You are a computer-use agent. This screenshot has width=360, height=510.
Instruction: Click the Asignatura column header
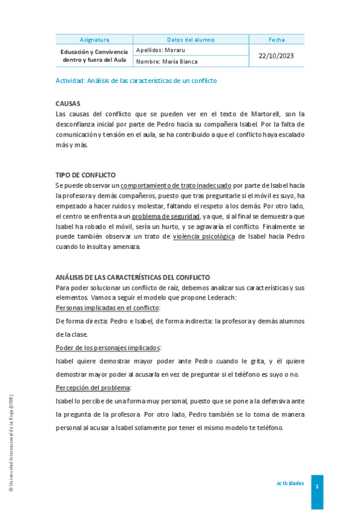(94, 40)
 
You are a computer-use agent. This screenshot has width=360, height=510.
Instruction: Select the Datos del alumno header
(191, 40)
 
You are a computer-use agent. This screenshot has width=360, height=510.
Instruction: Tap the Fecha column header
(276, 40)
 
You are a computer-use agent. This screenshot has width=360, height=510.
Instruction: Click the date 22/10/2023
(276, 55)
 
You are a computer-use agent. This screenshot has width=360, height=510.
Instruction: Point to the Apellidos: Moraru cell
(160, 50)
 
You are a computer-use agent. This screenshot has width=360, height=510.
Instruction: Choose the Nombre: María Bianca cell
(166, 61)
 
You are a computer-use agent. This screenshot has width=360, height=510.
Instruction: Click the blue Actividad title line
(136, 81)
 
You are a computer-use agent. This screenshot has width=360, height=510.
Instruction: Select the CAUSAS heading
(68, 103)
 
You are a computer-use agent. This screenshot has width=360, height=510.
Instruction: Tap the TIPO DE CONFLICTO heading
(85, 175)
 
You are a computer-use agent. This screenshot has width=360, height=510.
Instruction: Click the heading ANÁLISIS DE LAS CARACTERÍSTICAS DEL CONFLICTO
(132, 277)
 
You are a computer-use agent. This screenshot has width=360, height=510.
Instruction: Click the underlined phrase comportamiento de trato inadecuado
(175, 186)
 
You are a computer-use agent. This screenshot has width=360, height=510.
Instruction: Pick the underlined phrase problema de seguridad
(165, 216)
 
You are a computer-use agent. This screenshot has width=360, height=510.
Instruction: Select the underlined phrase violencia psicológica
(204, 236)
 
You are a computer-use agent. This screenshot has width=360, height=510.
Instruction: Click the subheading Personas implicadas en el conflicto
(107, 308)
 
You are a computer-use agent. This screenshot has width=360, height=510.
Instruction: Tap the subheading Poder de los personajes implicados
(108, 348)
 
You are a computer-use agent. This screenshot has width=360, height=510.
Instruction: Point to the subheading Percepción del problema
(93, 388)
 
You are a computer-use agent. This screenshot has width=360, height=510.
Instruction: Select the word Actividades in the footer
(290, 484)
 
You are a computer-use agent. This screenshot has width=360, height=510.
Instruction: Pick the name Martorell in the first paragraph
(259, 114)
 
